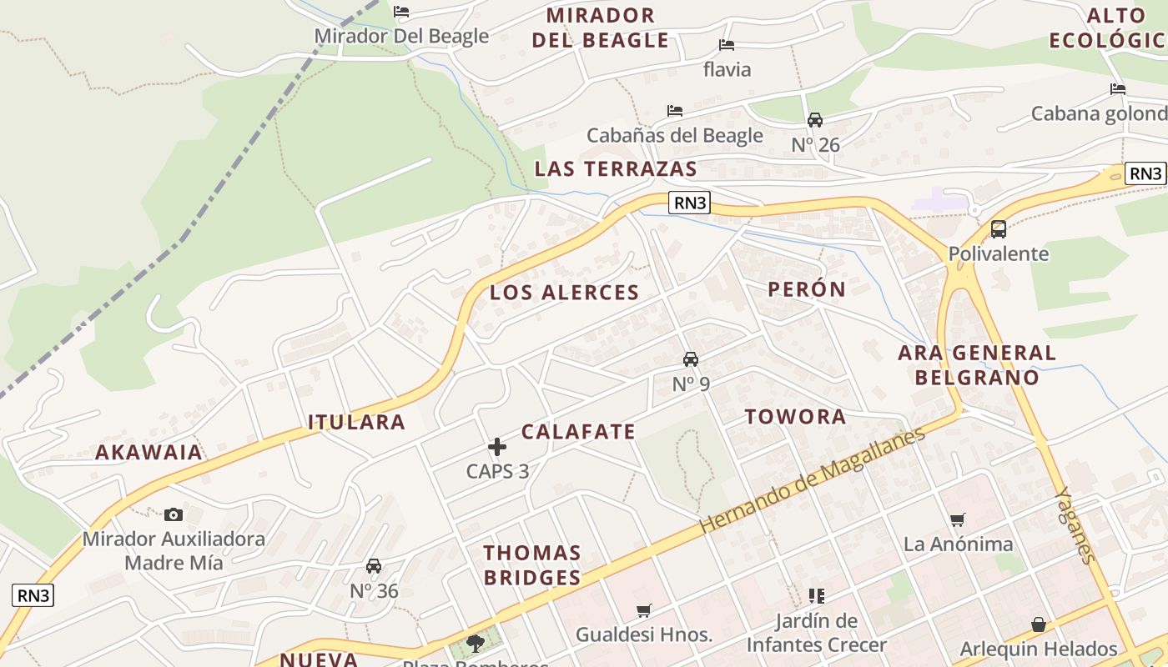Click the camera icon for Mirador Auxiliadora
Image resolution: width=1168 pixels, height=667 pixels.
click(174, 514)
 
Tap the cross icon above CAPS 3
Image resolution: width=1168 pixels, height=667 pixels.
click(497, 447)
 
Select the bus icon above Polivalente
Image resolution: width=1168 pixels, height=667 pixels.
click(998, 228)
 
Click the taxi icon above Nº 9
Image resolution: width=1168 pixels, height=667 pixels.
click(691, 359)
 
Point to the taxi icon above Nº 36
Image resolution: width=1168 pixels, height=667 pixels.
click(374, 566)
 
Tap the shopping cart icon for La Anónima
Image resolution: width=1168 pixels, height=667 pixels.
click(958, 519)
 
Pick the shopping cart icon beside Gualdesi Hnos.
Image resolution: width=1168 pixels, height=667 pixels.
click(643, 610)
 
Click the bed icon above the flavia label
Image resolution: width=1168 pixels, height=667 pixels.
click(727, 44)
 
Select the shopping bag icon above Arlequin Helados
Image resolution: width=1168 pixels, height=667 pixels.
click(1038, 624)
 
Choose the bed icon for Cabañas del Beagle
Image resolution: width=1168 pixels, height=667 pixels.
click(675, 110)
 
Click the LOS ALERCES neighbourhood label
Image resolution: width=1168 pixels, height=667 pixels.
click(564, 293)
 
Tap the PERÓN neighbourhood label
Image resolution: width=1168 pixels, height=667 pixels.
click(807, 289)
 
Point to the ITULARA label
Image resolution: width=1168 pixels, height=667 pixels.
click(356, 422)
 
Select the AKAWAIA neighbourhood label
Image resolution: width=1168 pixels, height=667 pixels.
click(149, 453)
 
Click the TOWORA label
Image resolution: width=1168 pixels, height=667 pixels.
click(795, 417)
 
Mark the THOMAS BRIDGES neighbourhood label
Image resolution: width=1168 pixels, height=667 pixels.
click(532, 564)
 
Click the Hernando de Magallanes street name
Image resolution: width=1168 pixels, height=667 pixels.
click(813, 481)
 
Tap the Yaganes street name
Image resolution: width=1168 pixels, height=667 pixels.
click(1075, 525)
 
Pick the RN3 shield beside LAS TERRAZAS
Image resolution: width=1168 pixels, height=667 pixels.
click(689, 202)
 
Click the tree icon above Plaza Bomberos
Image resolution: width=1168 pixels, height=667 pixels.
click(476, 643)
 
